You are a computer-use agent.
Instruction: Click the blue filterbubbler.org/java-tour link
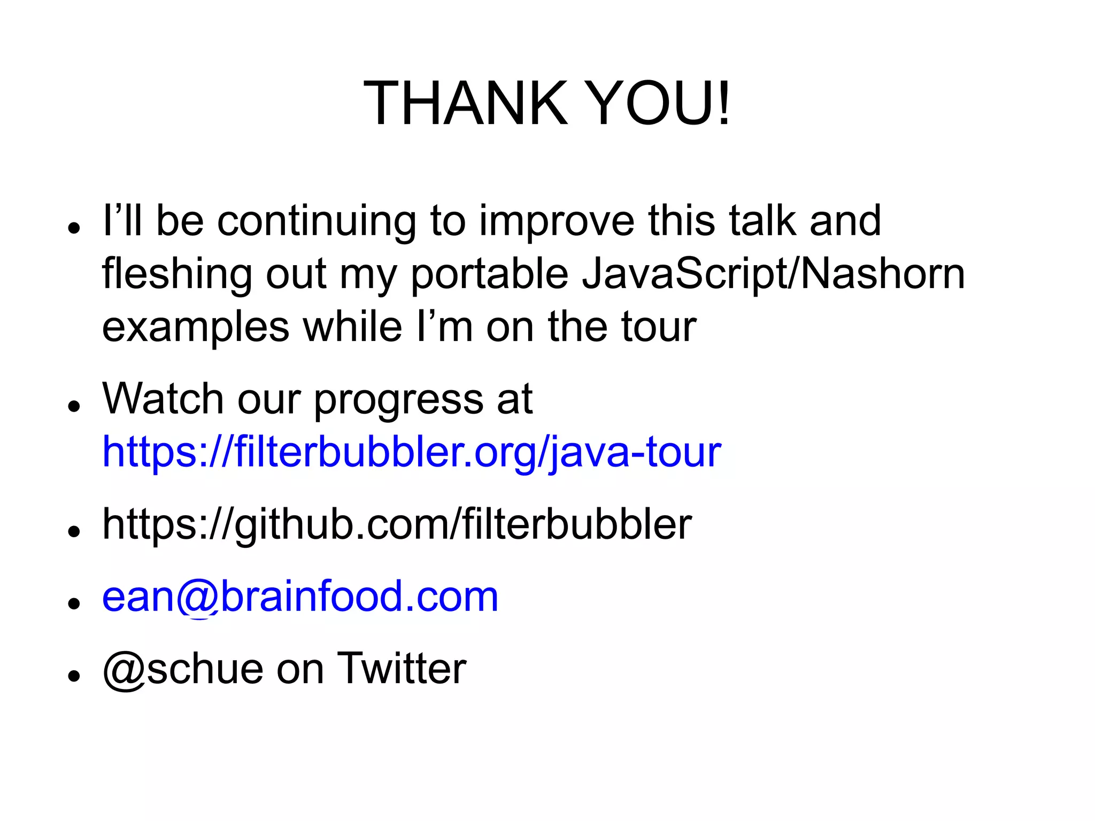pos(411,452)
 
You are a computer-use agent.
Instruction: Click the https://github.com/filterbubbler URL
pos(397,524)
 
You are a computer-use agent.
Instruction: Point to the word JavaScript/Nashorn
pos(773,274)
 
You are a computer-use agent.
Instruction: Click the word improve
pos(556,222)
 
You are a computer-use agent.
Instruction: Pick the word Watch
pos(163,399)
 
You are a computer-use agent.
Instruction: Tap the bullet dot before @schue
pos(74,675)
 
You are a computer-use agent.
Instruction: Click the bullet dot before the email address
pos(74,603)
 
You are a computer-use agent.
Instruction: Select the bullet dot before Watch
pos(74,406)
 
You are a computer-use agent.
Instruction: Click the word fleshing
pos(176,274)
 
